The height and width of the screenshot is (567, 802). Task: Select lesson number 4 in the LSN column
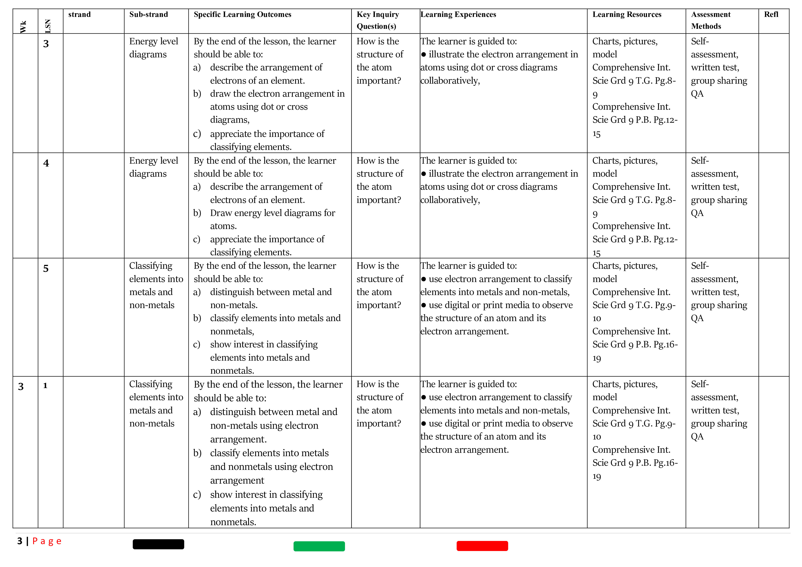coord(46,163)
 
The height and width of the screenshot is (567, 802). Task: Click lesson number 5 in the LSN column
coord(46,269)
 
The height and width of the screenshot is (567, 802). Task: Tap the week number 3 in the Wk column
coord(21,386)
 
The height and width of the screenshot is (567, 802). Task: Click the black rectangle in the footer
coord(158,544)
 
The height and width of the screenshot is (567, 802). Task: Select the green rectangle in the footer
coord(319,546)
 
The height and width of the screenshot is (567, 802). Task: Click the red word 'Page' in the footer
coord(47,541)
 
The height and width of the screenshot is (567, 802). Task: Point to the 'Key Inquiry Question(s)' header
coord(378,20)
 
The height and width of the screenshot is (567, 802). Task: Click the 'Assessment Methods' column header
coord(711,20)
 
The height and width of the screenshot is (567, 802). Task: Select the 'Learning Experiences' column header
coord(458,14)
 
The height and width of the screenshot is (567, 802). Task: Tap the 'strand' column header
coord(79,14)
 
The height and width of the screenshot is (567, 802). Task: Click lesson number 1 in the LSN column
coord(45,386)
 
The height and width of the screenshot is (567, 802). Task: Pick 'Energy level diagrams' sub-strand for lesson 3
coord(153,48)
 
